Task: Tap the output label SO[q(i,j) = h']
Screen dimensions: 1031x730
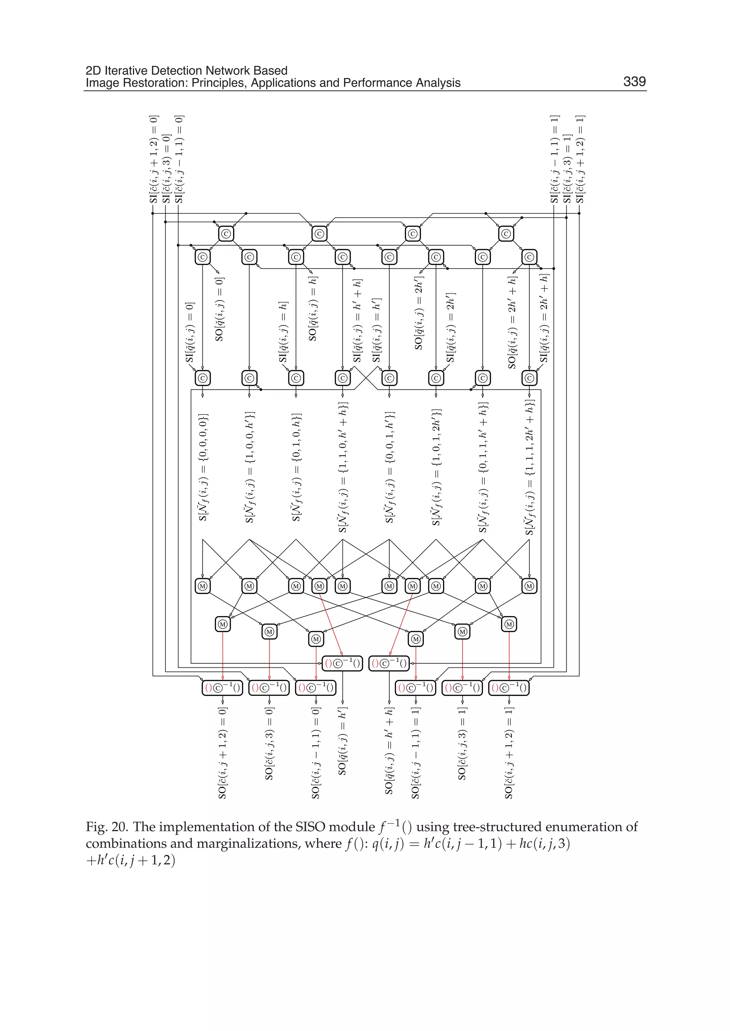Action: coord(343,742)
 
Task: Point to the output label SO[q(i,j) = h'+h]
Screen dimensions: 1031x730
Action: coord(389,750)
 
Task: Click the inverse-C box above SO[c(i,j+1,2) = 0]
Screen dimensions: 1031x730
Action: coord(222,688)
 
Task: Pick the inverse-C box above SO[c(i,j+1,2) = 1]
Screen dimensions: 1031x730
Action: coord(509,688)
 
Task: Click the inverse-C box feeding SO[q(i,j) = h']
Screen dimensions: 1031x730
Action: coord(343,663)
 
